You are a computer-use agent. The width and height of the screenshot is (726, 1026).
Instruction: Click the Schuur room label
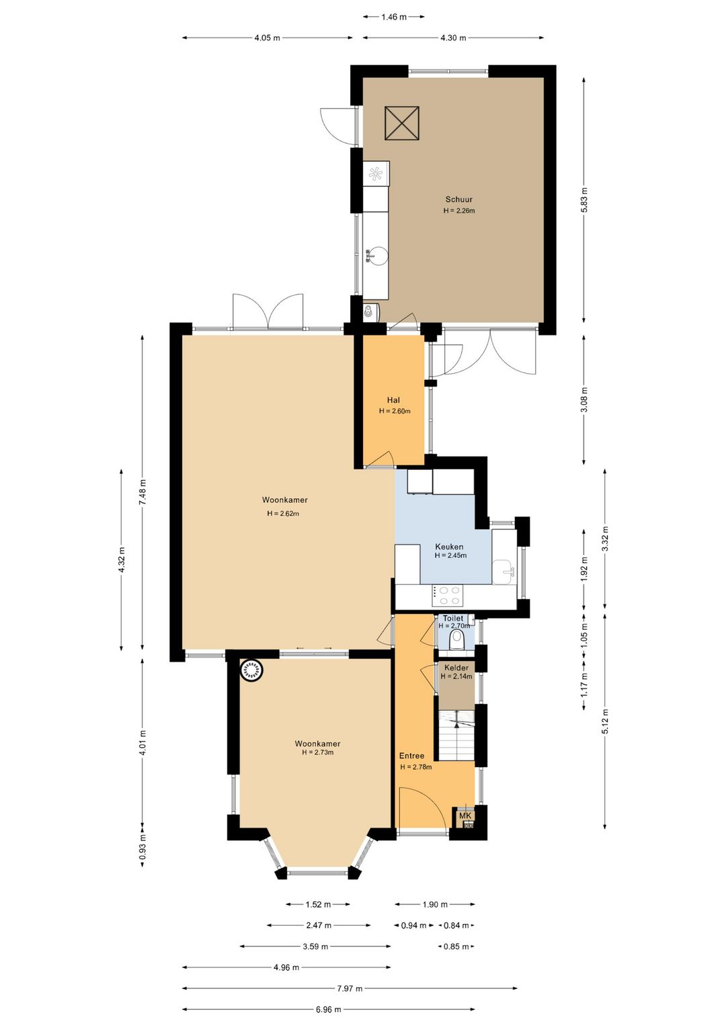pos(458,199)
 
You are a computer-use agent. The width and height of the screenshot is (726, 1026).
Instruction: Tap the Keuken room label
pos(449,547)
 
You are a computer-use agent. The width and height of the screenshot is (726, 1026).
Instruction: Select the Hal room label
pos(393,400)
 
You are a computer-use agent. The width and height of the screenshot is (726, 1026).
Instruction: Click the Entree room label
pos(411,755)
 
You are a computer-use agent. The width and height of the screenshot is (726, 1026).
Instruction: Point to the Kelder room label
pos(456,668)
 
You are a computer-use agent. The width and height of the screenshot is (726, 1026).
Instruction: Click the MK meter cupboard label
pos(465,816)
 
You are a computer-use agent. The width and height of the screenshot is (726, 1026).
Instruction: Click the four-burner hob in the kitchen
pos(448,596)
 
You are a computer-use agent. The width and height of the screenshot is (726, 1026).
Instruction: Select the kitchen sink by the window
pos(503,571)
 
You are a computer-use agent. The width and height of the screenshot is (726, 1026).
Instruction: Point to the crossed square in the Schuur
pos(402,123)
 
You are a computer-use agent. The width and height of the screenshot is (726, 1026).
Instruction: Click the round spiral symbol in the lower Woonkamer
pos(252,670)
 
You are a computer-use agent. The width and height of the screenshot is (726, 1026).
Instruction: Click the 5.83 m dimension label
pos(583,200)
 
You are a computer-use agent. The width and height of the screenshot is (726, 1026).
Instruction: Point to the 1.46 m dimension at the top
pos(394,17)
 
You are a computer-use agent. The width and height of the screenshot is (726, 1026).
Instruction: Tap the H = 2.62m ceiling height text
pos(283,514)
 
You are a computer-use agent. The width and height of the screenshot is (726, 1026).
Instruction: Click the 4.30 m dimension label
pos(453,38)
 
